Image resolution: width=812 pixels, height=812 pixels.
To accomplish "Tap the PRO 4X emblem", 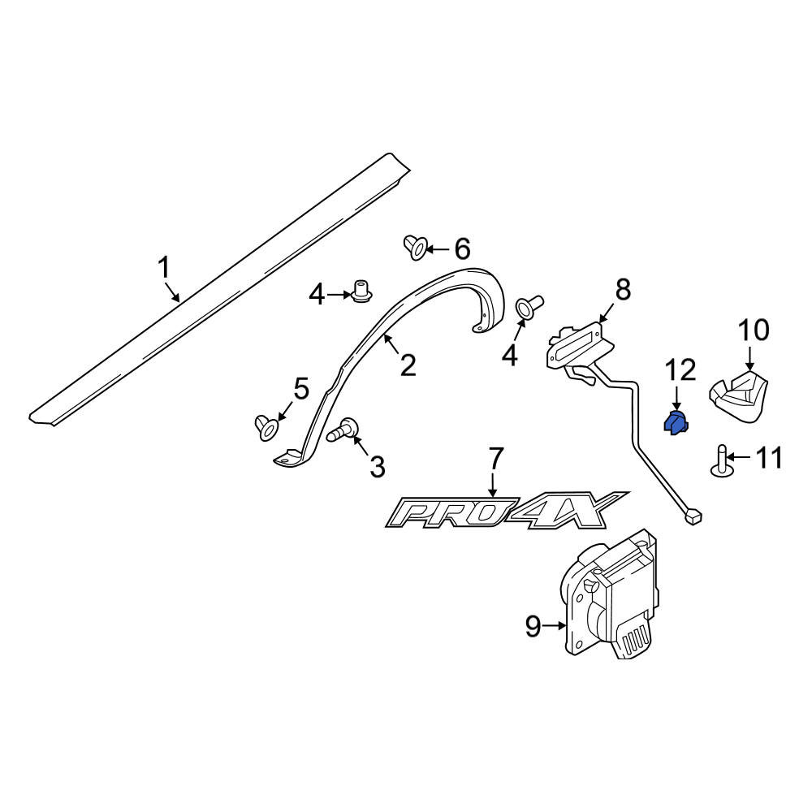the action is pos(507,510).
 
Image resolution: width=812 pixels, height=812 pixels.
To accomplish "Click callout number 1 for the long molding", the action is pos(164,268).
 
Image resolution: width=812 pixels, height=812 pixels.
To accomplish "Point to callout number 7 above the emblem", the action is pos(495,458).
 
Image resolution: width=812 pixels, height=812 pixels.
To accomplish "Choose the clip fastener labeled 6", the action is pos(415,248).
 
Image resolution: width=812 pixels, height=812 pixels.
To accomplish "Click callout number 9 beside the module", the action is pos(533,626).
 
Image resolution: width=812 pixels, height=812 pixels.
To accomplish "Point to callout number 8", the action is pos(623,290).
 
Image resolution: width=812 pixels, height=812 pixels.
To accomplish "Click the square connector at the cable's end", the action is pos(693,516).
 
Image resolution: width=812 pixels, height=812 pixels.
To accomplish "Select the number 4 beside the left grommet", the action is pos(317,296).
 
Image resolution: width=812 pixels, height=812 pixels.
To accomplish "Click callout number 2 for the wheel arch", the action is pos(408,365).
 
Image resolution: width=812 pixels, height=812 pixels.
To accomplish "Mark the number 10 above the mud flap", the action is pos(754,330).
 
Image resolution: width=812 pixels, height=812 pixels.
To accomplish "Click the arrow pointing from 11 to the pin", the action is pos(738,457).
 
